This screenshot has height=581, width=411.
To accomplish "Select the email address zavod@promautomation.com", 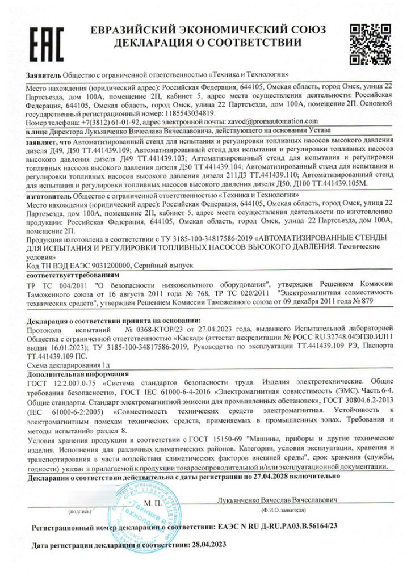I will point(272,121).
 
